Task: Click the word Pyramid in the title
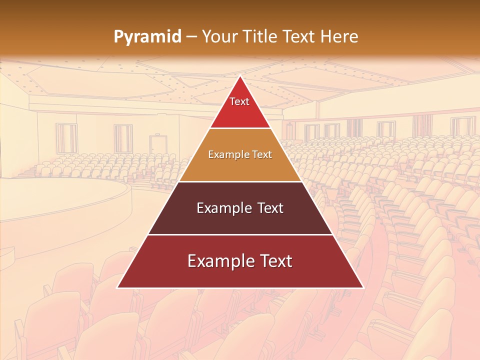coord(147,37)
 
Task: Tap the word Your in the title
coord(219,36)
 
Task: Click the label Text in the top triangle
coord(239,101)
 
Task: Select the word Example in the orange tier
coord(226,154)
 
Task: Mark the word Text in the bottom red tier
coord(272,261)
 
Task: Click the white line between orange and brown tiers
coord(240,181)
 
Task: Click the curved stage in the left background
coord(60,200)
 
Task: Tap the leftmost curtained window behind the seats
coord(66,138)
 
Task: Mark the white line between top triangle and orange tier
coord(240,128)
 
